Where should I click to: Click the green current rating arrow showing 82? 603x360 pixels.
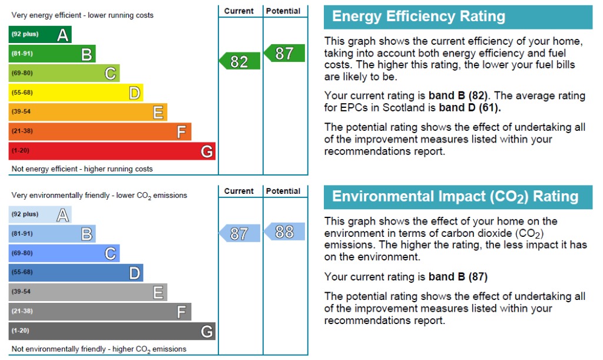click(240, 61)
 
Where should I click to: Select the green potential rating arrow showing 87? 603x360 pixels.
click(284, 53)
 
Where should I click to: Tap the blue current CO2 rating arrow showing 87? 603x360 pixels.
click(240, 233)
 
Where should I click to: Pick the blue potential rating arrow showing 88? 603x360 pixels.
click(284, 232)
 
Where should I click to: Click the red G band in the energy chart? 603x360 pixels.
click(112, 151)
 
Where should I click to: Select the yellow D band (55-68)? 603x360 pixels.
click(76, 93)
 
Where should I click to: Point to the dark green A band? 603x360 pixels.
click(40, 35)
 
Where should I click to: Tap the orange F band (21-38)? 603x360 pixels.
click(100, 131)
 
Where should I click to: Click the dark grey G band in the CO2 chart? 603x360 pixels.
click(112, 331)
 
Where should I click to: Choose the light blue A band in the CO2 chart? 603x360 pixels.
click(40, 214)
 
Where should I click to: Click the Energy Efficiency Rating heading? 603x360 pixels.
click(419, 16)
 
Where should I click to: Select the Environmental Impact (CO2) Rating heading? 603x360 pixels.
click(455, 197)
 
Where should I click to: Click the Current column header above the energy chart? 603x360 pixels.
click(239, 11)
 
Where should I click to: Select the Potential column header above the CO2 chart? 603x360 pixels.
click(283, 191)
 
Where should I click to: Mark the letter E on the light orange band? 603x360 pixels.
click(158, 113)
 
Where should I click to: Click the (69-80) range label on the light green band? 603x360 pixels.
click(22, 73)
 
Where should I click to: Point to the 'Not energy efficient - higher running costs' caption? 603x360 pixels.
click(82, 169)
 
